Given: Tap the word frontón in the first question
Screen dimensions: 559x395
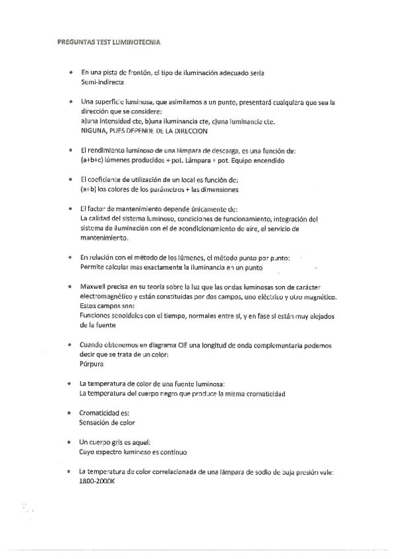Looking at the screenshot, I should tap(133, 72).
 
